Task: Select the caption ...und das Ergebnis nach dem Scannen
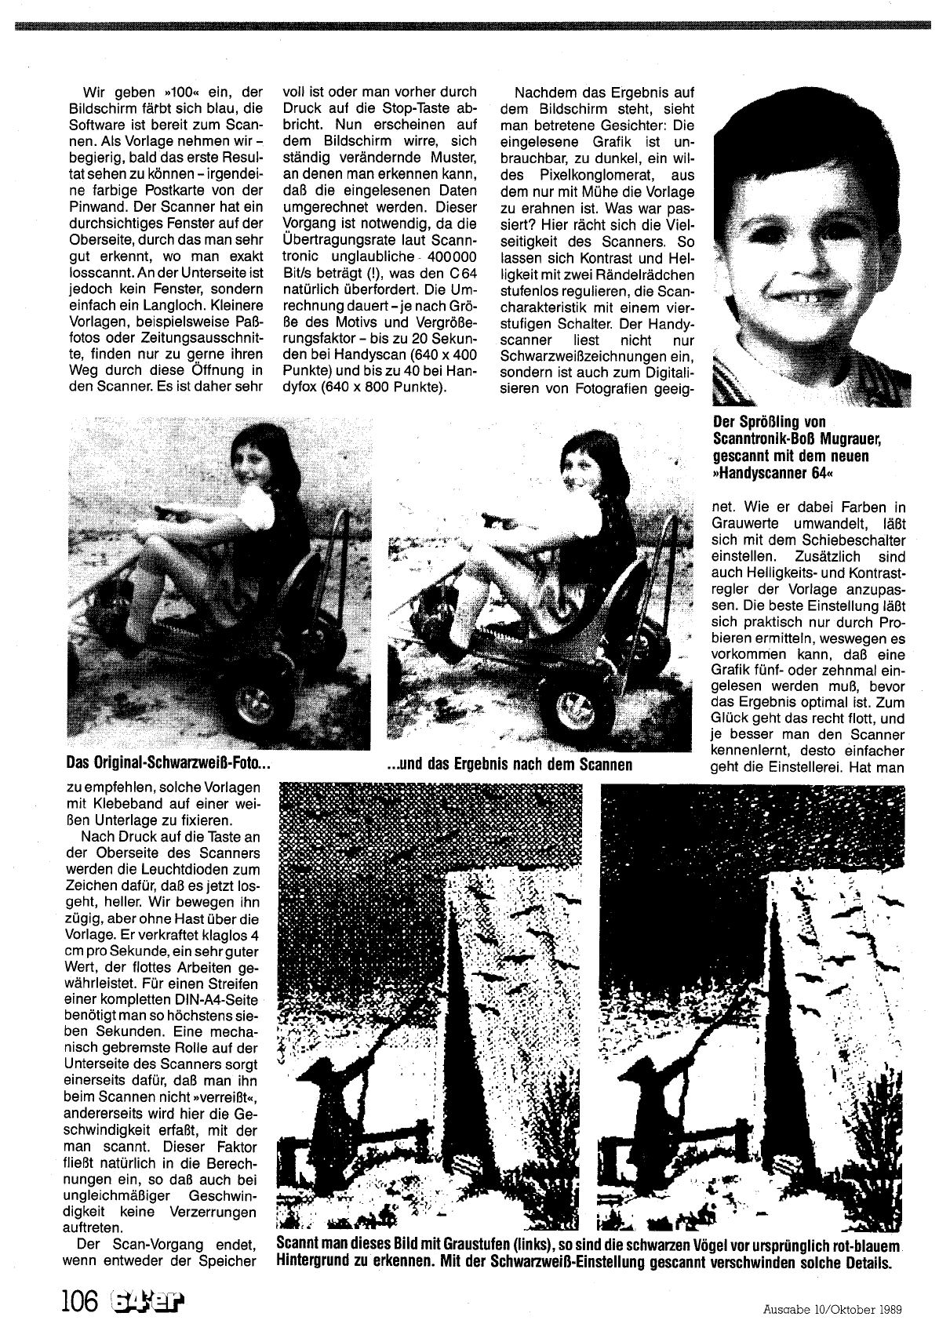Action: pyautogui.click(x=510, y=763)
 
